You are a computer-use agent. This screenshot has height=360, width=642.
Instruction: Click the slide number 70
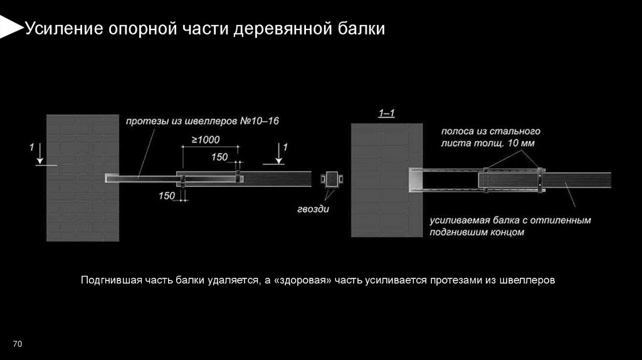17,344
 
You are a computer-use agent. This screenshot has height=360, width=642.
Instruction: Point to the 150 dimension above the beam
219,157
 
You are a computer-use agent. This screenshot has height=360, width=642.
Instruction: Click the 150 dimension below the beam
167,196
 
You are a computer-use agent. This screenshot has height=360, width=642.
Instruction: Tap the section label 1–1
386,113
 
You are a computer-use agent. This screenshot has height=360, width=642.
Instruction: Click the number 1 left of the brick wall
31,147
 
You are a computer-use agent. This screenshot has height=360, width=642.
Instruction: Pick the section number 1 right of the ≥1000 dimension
286,147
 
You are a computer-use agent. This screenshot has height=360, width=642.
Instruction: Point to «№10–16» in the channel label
260,121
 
